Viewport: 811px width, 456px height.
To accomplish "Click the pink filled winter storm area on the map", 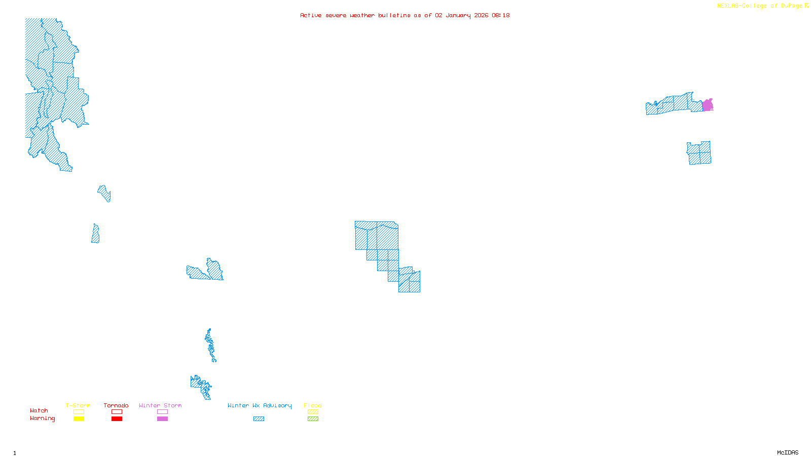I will click(707, 105).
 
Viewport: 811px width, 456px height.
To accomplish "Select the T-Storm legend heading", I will click(78, 405).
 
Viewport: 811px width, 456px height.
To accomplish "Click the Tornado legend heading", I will click(116, 405).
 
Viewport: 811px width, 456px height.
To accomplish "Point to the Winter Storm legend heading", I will click(160, 405).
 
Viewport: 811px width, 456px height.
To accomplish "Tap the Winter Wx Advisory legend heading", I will click(260, 405).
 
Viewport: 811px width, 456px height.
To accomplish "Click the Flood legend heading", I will click(313, 405).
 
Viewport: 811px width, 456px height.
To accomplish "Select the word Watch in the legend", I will click(39, 410).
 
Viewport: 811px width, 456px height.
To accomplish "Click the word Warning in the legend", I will click(42, 419).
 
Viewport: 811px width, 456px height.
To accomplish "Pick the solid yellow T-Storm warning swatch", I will click(79, 419).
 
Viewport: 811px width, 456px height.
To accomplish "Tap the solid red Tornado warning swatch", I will click(117, 419).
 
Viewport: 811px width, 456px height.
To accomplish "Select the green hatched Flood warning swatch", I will click(313, 419).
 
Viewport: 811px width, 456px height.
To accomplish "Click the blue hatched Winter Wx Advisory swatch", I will click(259, 419).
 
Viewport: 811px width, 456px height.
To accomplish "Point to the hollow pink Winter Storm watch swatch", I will click(162, 412).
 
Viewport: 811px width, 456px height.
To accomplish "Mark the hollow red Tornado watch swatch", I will click(117, 412).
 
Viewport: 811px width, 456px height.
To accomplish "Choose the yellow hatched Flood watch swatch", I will click(313, 412).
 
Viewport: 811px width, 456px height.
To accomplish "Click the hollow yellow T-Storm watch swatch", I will click(79, 412).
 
